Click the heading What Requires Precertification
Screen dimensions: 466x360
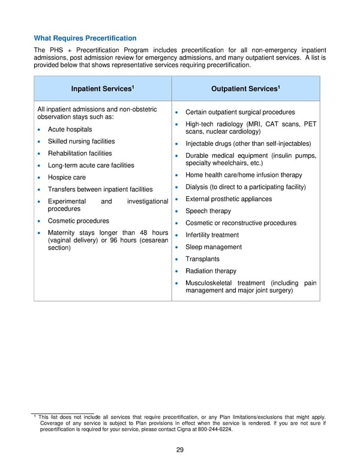(85, 38)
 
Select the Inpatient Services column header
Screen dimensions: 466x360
(102, 89)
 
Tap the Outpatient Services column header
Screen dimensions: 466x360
(245, 89)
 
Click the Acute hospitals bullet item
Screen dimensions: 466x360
(70, 130)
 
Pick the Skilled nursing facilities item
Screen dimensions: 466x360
(81, 142)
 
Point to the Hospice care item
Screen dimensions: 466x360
(67, 178)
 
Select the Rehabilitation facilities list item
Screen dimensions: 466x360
(80, 154)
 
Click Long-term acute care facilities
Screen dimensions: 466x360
(91, 166)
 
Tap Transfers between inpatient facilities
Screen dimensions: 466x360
(100, 190)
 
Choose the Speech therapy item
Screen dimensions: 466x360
(208, 211)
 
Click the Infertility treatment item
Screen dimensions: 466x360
(212, 235)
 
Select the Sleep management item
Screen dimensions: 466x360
(214, 247)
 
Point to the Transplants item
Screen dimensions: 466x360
(202, 259)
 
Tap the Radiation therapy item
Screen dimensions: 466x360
(211, 271)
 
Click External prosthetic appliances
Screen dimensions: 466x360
(229, 199)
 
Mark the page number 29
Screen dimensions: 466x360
(180, 451)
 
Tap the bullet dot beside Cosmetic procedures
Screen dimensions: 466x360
(39, 222)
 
